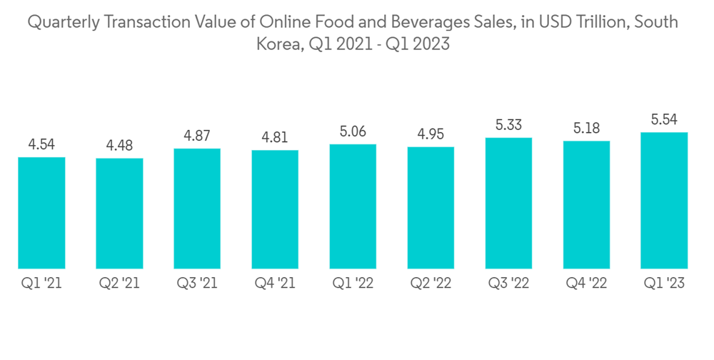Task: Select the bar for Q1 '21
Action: click(x=41, y=212)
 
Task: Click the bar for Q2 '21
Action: click(x=119, y=213)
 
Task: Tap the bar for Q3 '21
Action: click(x=197, y=209)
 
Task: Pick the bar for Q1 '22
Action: click(x=353, y=206)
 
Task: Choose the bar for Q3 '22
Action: click(x=508, y=203)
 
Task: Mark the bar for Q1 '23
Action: click(x=664, y=200)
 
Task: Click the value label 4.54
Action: click(x=41, y=145)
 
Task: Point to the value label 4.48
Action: click(x=119, y=146)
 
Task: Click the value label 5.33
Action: click(x=508, y=126)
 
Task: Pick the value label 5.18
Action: click(x=586, y=129)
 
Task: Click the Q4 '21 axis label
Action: click(x=275, y=284)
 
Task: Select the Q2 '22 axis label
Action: click(x=431, y=284)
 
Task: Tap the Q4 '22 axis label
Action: click(x=586, y=284)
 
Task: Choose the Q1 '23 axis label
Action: click(x=664, y=284)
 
